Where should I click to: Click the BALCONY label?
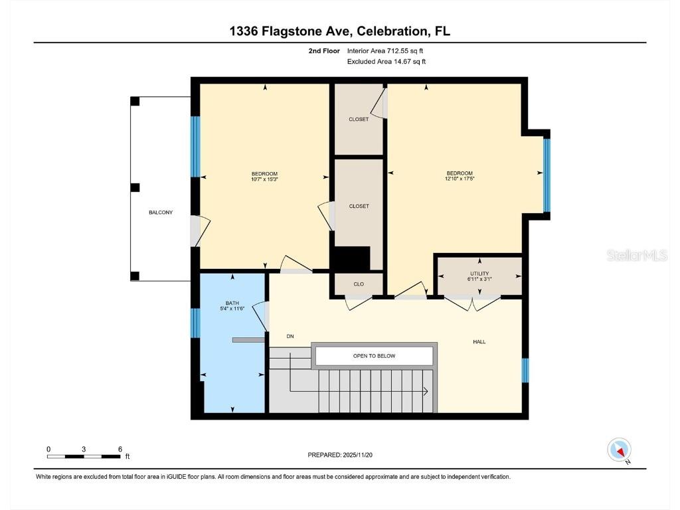pos(161,212)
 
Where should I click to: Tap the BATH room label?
pos(232,303)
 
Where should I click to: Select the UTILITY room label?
pos(479,274)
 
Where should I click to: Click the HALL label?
pos(479,342)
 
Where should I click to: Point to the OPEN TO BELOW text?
pos(374,356)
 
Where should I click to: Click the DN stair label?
pos(290,336)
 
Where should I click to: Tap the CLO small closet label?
pos(359,284)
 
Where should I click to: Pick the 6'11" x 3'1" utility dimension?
pos(479,280)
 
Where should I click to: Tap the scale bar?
pos(84,456)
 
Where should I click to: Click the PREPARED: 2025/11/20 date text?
pos(345,455)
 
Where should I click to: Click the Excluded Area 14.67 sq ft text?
pos(386,62)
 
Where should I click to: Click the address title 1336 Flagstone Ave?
pos(339,31)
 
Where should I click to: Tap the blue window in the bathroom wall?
pos(195,323)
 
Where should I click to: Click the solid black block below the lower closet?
pos(350,258)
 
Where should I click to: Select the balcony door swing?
pos(200,229)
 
